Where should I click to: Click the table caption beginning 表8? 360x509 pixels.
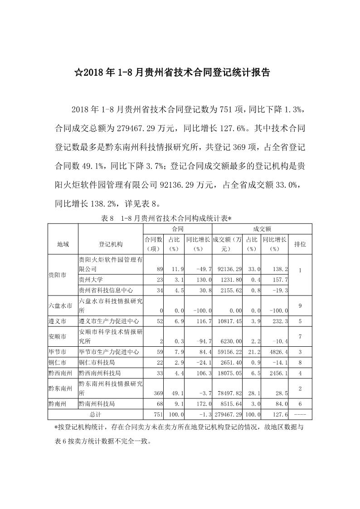[x=165, y=218]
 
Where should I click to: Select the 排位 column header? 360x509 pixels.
[x=300, y=244]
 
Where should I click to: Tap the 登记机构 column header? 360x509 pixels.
[x=110, y=244]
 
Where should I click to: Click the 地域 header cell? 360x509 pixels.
[x=63, y=244]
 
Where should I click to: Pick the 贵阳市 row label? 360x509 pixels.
[x=57, y=275]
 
